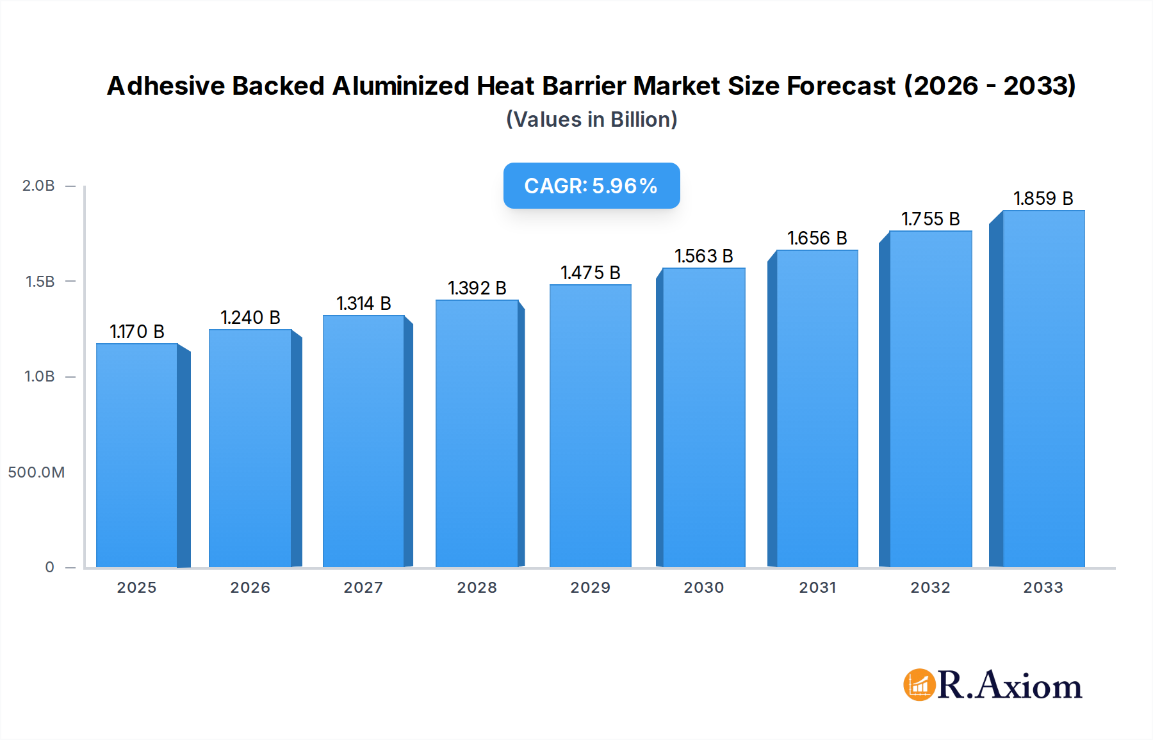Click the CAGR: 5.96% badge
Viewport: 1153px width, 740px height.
(x=591, y=186)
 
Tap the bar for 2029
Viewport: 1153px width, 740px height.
(x=590, y=426)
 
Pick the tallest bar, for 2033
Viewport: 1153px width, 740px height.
(x=1043, y=389)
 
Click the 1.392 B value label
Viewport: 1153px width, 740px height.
(x=477, y=288)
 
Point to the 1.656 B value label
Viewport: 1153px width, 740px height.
(x=817, y=238)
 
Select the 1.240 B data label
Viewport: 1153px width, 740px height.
(x=250, y=318)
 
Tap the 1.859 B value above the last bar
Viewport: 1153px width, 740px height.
(x=1043, y=198)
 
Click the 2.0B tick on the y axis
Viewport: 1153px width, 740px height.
(x=38, y=186)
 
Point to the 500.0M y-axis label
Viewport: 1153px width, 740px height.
(x=37, y=472)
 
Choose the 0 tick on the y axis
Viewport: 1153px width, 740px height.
(x=49, y=567)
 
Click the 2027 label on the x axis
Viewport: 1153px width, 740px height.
(x=363, y=588)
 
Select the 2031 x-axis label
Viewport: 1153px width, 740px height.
(x=817, y=588)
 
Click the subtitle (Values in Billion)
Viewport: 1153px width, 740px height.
(x=591, y=120)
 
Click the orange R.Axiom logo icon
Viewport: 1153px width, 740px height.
(x=919, y=685)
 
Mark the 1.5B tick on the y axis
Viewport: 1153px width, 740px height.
(x=40, y=282)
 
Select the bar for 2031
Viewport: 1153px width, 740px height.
(x=817, y=408)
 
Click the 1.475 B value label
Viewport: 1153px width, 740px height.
(x=590, y=273)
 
